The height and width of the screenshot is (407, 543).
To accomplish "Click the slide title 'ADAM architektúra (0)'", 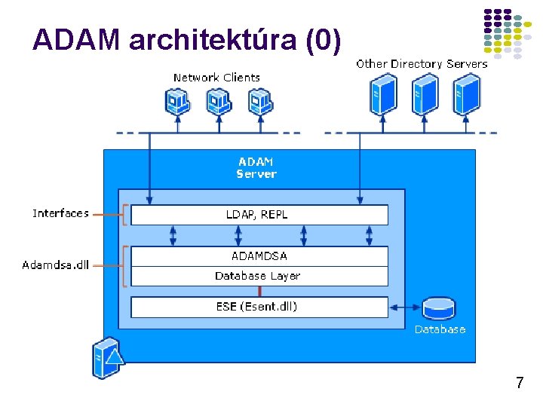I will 186,39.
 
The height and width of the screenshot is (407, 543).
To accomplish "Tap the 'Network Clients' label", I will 216,78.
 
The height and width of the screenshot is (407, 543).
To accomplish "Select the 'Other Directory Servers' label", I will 422,64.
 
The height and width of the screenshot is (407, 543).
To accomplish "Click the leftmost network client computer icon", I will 177,101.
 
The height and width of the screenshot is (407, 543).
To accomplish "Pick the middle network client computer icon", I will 218,101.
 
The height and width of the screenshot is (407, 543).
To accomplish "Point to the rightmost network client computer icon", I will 259,101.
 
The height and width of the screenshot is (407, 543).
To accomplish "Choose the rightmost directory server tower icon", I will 466,95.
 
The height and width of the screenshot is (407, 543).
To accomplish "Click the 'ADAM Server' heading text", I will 256,167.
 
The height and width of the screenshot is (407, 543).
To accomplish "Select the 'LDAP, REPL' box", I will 259,215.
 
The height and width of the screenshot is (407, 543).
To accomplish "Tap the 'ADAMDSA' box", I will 259,256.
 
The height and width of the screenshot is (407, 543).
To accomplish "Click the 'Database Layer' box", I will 259,276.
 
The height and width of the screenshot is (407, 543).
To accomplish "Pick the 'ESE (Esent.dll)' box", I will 259,307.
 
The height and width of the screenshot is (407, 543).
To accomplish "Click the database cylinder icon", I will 439,308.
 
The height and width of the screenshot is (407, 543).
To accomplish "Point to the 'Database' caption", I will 440,329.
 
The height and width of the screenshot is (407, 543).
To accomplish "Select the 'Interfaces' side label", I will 60,214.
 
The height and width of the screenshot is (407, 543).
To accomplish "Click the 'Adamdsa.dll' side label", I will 56,265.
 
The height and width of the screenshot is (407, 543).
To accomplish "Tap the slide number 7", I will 520,383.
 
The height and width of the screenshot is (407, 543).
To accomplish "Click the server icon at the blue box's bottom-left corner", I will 106,359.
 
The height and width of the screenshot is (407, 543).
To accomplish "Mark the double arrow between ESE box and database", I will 405,307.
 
